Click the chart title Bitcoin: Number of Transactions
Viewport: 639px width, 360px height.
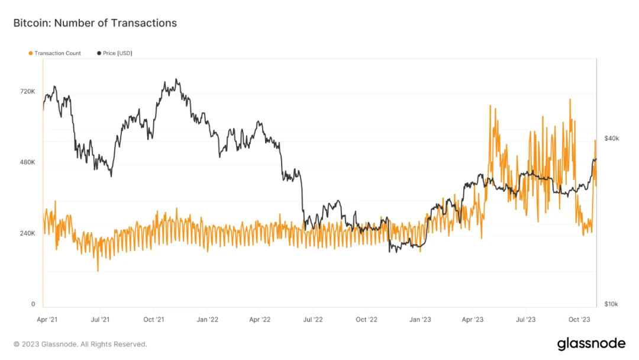(95, 23)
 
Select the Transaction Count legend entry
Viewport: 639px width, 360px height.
(57, 53)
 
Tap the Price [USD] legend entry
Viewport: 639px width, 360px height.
(117, 53)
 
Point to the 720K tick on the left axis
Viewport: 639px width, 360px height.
(28, 92)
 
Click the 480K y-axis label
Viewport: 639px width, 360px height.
(28, 162)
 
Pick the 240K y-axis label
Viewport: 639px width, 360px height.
(28, 233)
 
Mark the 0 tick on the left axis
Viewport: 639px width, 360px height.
(33, 304)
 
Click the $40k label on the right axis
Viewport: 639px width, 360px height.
(611, 139)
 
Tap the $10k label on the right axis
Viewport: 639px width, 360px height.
(611, 304)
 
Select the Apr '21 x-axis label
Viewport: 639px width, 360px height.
(47, 320)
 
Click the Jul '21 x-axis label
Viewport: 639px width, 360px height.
(100, 320)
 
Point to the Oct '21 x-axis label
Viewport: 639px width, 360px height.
(153, 320)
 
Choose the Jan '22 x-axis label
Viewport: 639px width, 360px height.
(207, 320)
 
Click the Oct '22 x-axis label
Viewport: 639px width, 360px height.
(366, 320)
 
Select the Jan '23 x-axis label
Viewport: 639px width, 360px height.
(420, 320)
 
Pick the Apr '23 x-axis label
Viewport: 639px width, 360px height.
(472, 320)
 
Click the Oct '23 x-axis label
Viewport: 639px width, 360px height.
(579, 320)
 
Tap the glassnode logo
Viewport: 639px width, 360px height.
(591, 344)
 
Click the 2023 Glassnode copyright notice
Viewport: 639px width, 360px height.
(80, 344)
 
